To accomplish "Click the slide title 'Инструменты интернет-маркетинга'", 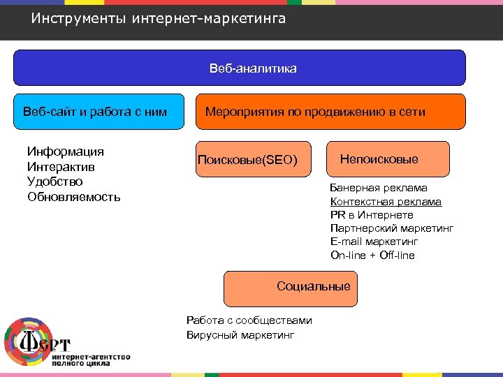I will [x=159, y=19].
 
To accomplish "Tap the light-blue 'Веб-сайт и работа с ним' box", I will [x=100, y=112].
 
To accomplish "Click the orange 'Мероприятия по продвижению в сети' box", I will [x=330, y=112].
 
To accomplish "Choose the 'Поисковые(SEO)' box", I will [x=248, y=161].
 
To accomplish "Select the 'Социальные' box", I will [x=290, y=288].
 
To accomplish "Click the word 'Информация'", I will [x=65, y=151].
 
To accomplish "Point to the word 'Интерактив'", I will [x=61, y=167].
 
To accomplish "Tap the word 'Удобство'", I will [x=54, y=182].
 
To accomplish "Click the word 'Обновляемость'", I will [x=73, y=197].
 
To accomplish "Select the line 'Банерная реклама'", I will [x=379, y=188].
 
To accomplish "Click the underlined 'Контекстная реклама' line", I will [x=386, y=202].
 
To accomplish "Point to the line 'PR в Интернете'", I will [x=372, y=215].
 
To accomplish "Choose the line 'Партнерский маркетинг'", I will [x=392, y=228].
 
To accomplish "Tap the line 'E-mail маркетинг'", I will [x=374, y=242].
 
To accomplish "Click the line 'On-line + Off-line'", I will [x=372, y=255].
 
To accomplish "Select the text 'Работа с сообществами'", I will [x=249, y=320].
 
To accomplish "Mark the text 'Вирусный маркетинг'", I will [x=240, y=335].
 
